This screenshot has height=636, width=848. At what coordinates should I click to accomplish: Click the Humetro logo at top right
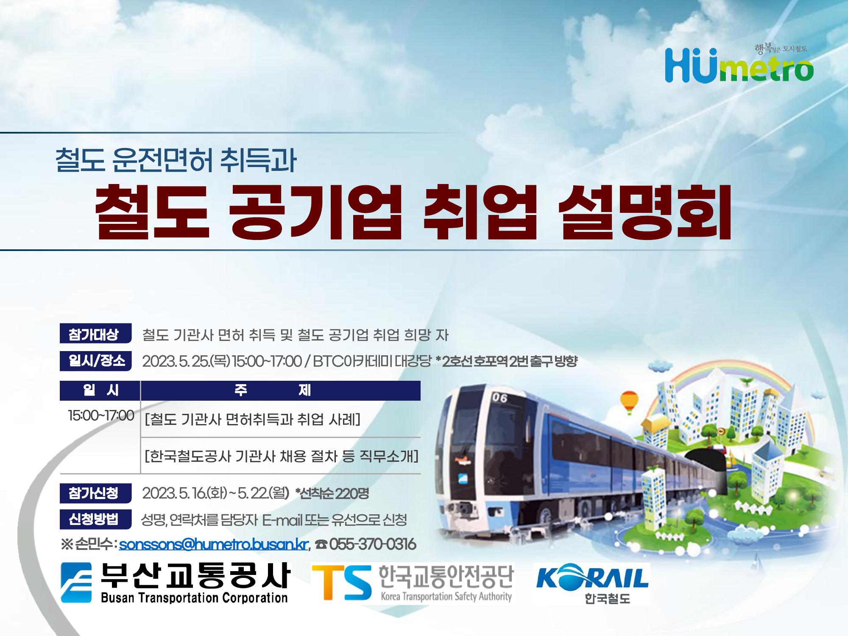[x=739, y=64]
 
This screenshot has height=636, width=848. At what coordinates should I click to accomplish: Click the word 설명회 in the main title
[x=645, y=212]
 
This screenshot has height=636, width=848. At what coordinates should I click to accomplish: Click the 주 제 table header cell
[x=280, y=391]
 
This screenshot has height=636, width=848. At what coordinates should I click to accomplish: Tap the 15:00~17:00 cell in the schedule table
[x=101, y=415]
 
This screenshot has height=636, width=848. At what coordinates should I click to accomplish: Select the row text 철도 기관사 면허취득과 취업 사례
[x=252, y=420]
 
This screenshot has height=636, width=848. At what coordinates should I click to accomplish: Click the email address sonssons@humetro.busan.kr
[x=213, y=544]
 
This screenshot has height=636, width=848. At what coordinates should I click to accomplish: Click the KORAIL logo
[x=592, y=583]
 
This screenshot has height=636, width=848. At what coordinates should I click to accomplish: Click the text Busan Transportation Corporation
[x=194, y=597]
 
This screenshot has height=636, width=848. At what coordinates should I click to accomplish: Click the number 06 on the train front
[x=500, y=397]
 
